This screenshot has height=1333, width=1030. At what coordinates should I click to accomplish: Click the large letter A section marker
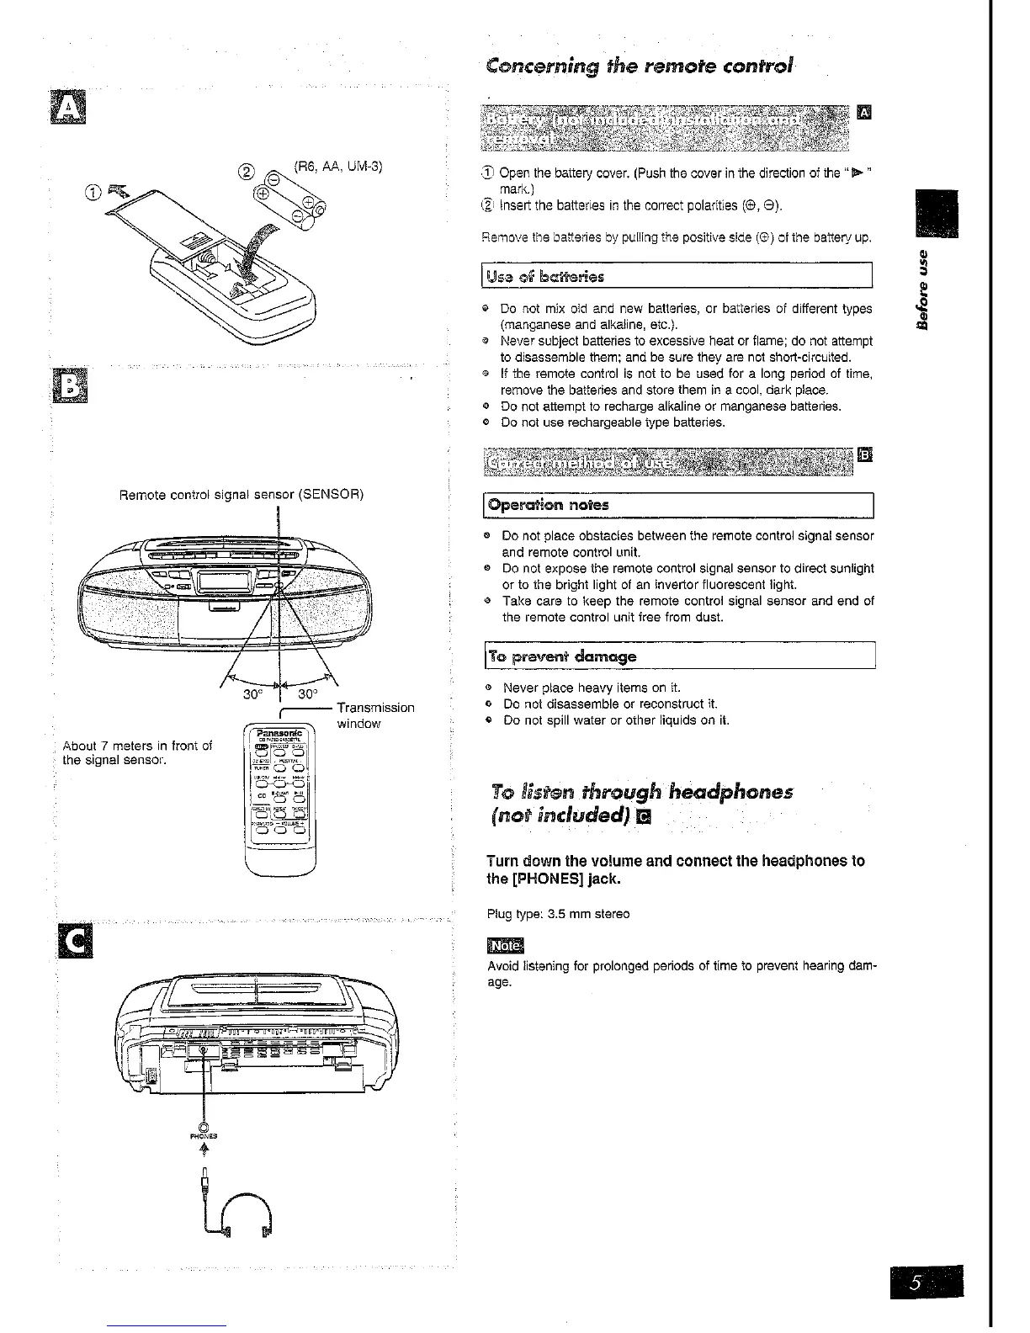[x=67, y=109]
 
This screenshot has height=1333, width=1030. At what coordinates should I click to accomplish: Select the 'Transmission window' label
[x=374, y=715]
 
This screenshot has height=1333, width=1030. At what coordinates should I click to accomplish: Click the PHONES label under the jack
[x=204, y=1135]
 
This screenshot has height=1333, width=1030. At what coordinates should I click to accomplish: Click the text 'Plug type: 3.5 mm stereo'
[x=558, y=914]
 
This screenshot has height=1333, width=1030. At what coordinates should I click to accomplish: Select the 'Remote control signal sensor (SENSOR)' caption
[x=242, y=494]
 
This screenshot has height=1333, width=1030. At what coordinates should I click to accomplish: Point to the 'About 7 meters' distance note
[x=137, y=753]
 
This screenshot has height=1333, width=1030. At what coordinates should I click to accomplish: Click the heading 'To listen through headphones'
[x=640, y=791]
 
